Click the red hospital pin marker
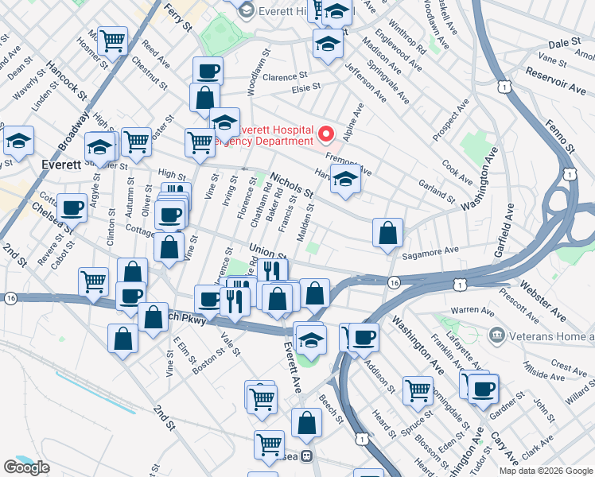(x=326, y=132)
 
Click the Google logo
(x=27, y=467)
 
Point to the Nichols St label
(x=292, y=186)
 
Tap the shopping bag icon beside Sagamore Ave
(x=387, y=234)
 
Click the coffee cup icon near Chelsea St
(x=72, y=208)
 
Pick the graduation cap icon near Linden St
(x=18, y=141)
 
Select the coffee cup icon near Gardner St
(x=483, y=389)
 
